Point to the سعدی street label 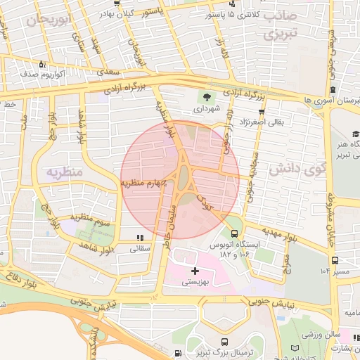point(108,72)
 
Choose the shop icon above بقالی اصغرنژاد point(262,112)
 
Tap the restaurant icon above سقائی point(140,238)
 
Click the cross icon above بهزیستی point(195,271)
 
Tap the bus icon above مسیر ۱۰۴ point(336,260)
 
